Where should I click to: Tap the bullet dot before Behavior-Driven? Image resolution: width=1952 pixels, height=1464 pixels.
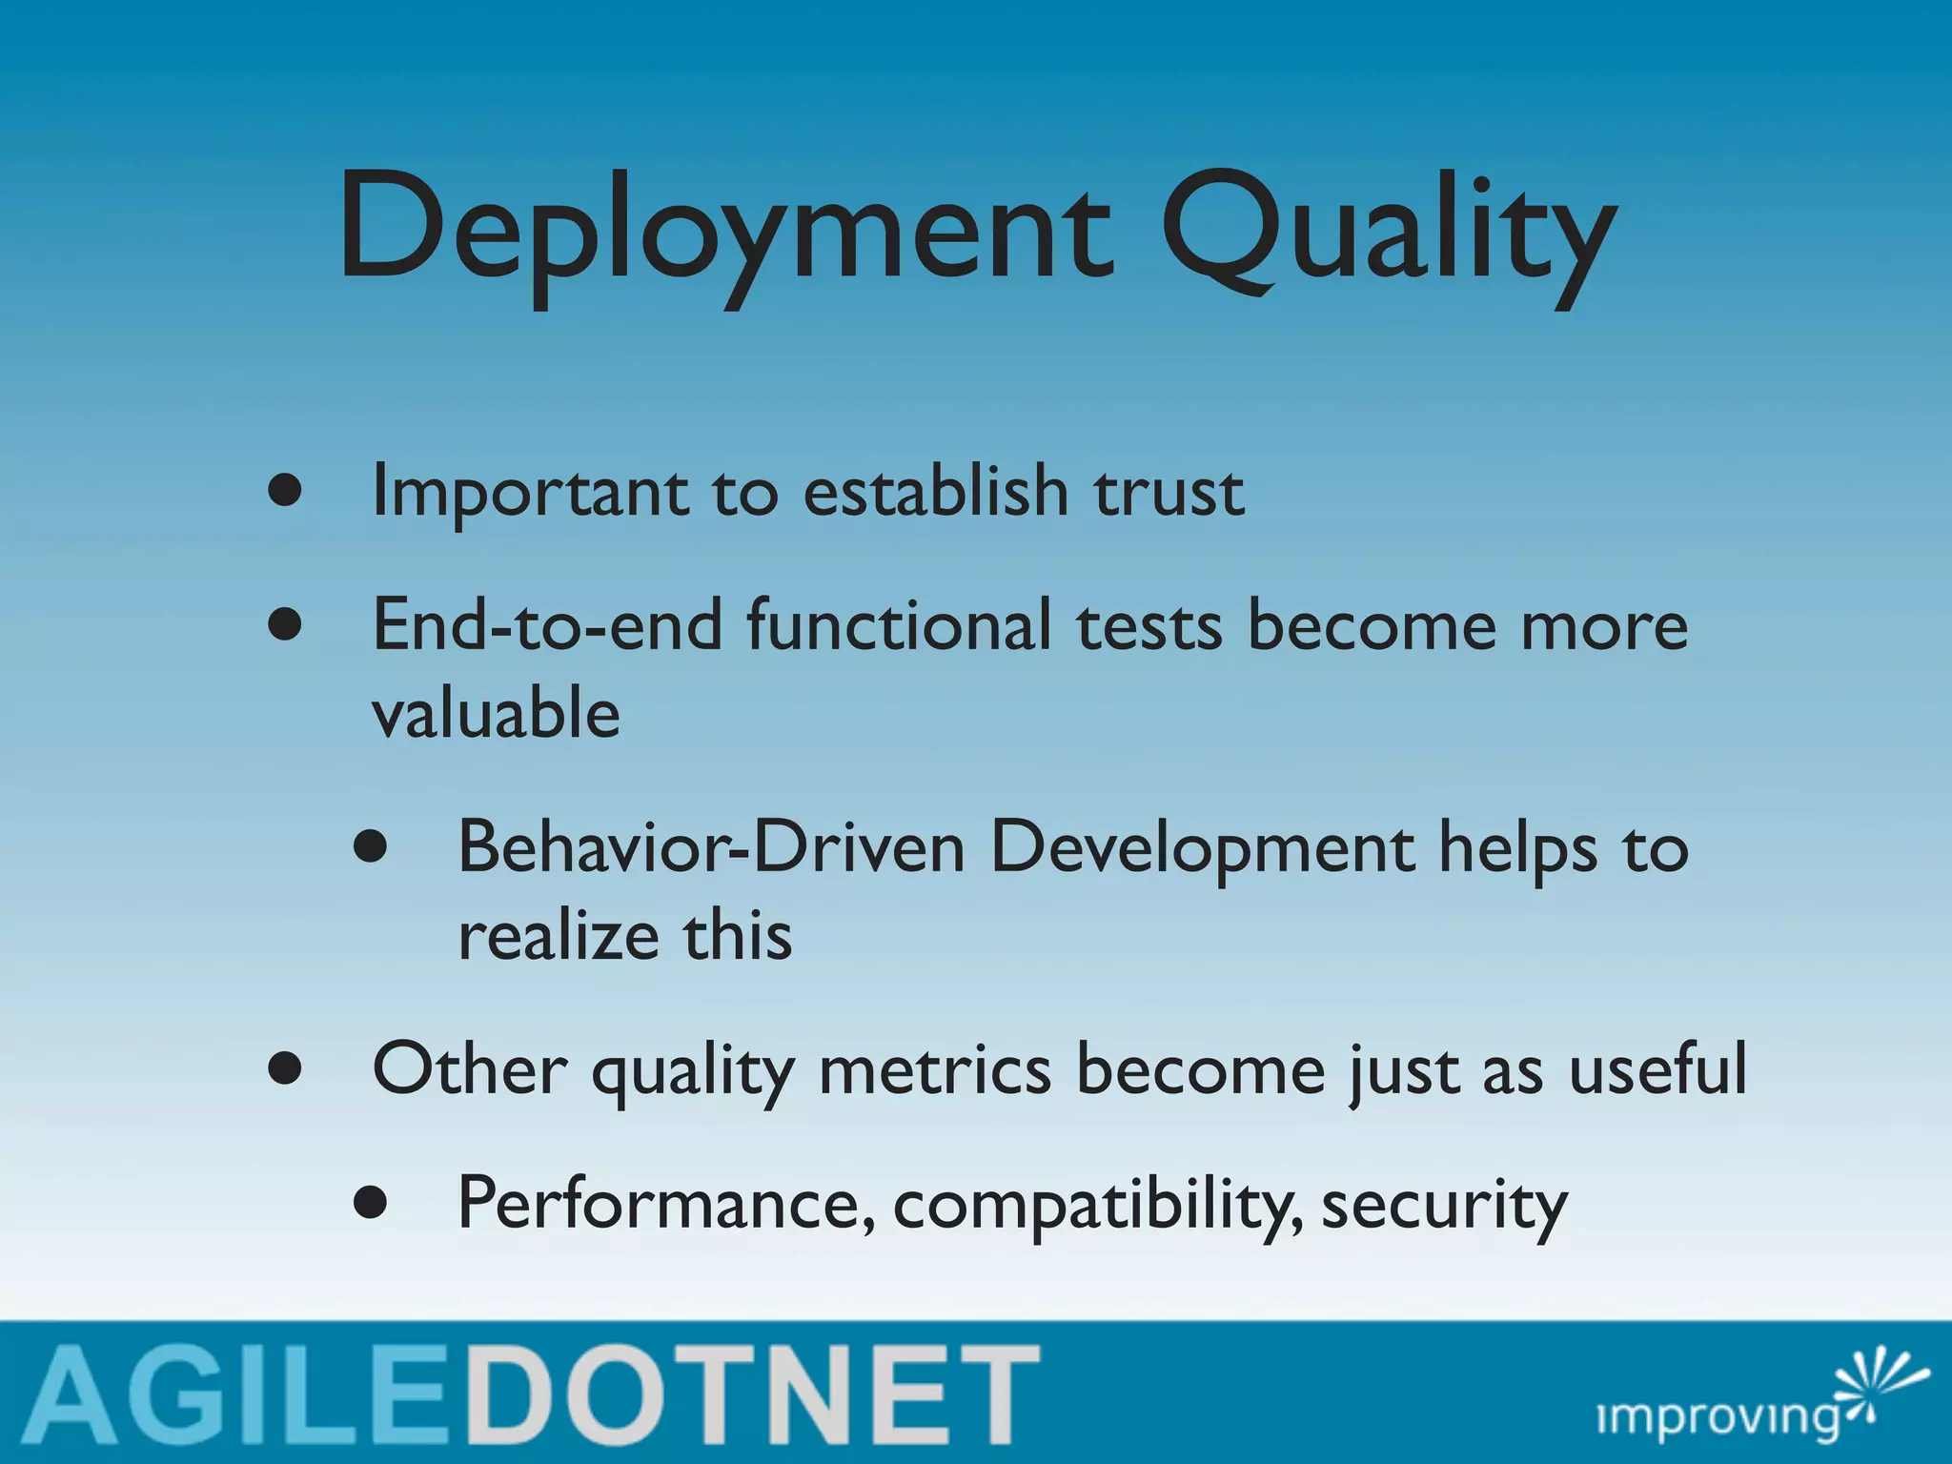click(370, 846)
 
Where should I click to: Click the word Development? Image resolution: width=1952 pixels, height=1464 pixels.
click(1203, 848)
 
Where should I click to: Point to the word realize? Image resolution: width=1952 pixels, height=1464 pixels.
click(557, 936)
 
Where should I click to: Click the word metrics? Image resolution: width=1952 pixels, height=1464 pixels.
click(934, 1069)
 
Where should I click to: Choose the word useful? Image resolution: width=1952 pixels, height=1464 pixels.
click(1657, 1069)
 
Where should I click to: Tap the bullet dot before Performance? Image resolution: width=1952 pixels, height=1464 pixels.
click(370, 1203)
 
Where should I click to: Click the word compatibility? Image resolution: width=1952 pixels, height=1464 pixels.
click(1096, 1205)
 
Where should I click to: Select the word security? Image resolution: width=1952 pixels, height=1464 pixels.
click(1443, 1205)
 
